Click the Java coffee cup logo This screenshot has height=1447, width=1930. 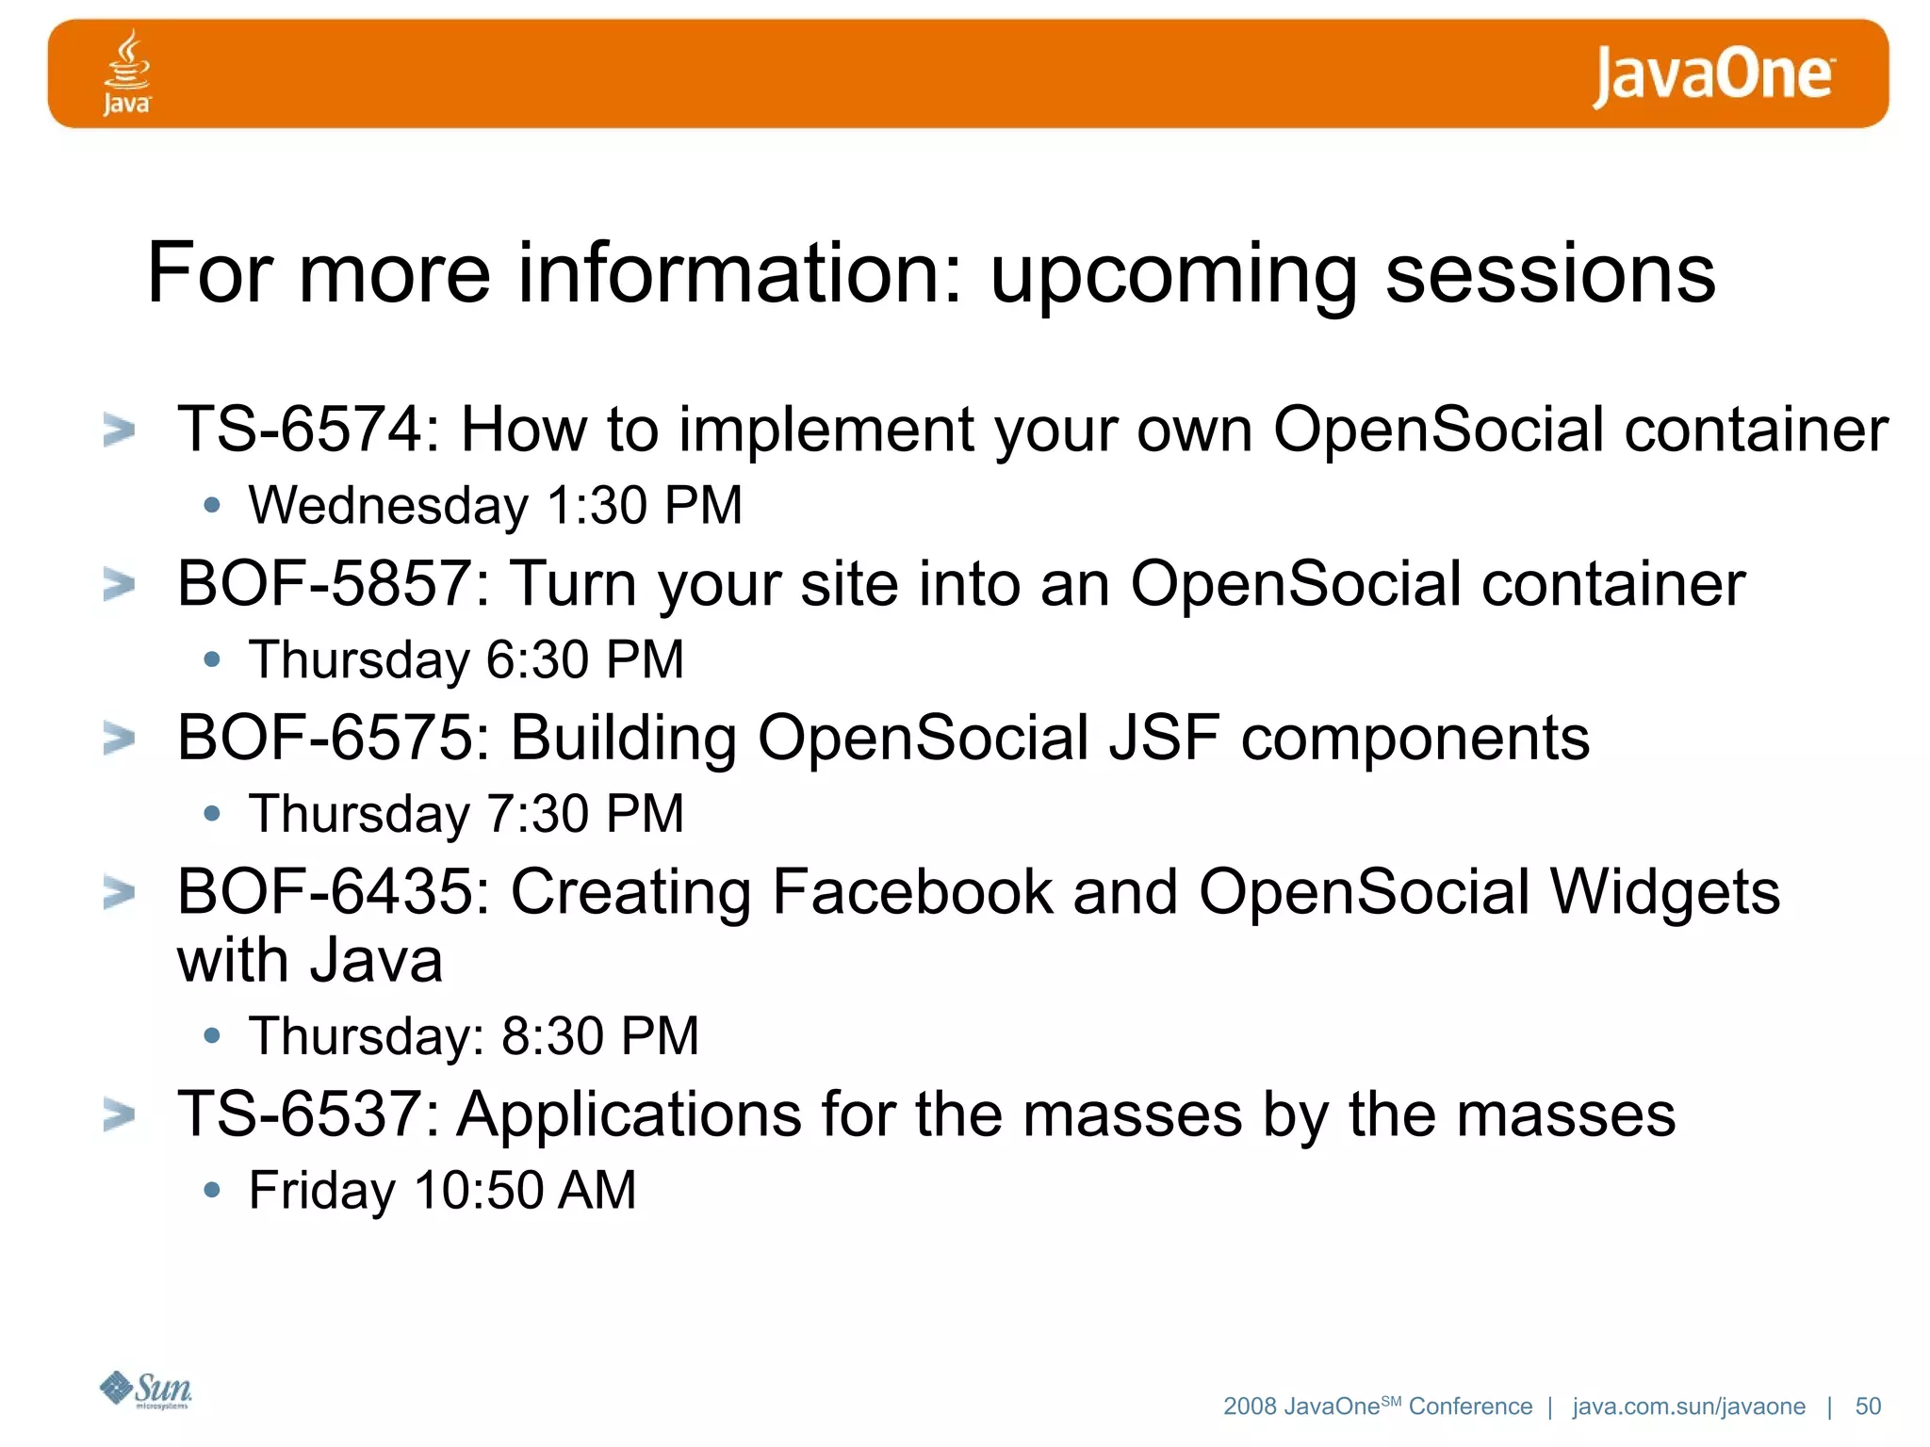click(x=126, y=72)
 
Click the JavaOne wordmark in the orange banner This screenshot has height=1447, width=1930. click(x=1712, y=75)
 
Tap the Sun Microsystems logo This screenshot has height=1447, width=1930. click(x=146, y=1390)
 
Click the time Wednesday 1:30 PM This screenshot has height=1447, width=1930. click(x=495, y=505)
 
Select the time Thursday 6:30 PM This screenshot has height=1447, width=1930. click(x=466, y=659)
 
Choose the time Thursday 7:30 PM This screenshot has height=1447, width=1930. click(x=466, y=814)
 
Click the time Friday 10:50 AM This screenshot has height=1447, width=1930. click(x=442, y=1190)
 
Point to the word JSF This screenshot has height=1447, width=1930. click(x=1164, y=738)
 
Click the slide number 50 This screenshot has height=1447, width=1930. click(x=1867, y=1406)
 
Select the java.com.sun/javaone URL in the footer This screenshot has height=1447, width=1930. click(x=1688, y=1406)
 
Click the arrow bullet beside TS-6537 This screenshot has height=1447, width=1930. click(x=119, y=1115)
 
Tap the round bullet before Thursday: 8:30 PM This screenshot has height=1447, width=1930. click(x=212, y=1036)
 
